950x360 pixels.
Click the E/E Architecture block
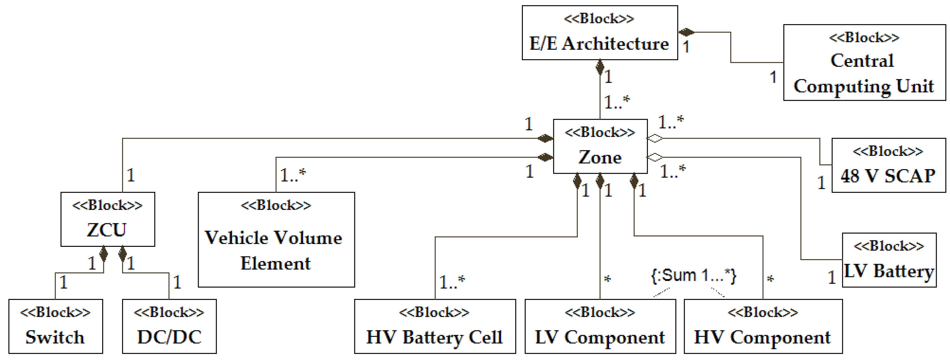coord(600,33)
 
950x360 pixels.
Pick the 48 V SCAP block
coord(888,165)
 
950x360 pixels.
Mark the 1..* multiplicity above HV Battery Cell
coord(452,282)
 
